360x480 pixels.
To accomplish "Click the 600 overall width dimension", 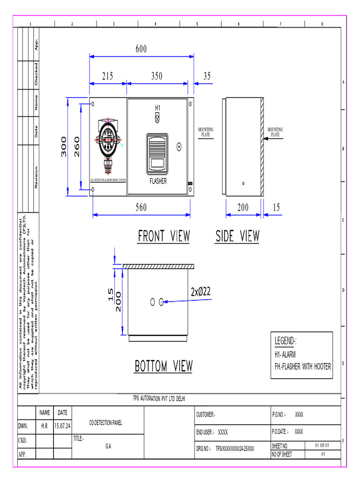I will pos(142,49).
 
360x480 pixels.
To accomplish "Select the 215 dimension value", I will pos(108,77).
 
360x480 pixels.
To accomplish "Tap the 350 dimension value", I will pos(157,77).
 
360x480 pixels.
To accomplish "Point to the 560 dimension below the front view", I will pos(142,208).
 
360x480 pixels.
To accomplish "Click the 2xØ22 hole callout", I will pos(201,292).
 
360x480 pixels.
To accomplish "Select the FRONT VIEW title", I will pos(164,236).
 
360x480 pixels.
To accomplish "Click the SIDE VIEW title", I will pos(237,236).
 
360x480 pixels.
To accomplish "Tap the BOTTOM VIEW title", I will pos(164,366).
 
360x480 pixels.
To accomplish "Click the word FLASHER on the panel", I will pos(158,181).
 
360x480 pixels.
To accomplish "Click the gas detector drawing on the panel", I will pos(108,141).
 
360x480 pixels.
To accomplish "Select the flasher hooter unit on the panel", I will pos(157,153).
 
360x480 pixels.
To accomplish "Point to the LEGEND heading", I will pos(286,341).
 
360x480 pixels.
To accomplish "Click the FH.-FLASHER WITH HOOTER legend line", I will pos(303,367).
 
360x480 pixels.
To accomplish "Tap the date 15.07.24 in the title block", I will pos(62,427).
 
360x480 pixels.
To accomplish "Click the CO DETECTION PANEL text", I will pos(105,423).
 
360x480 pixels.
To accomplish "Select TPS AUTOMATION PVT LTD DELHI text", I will pos(159,398).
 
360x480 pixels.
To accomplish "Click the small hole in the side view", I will pos(243,183).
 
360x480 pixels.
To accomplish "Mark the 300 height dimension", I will pos(64,147).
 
